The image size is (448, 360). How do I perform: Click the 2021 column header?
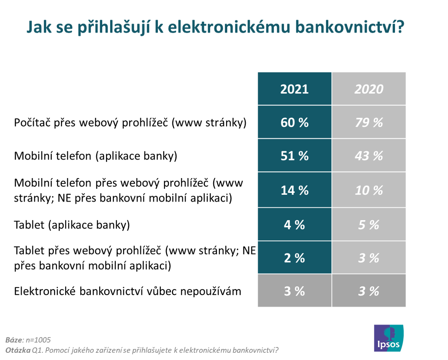(294, 89)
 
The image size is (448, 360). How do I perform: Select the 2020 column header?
(369, 89)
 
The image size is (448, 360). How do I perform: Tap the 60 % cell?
(294, 123)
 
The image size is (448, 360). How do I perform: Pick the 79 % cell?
(369, 123)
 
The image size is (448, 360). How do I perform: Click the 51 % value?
(294, 156)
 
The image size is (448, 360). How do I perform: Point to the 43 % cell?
(369, 156)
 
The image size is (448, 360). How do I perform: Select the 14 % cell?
(294, 190)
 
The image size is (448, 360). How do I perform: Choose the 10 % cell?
(369, 190)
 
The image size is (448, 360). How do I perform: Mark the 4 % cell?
(294, 225)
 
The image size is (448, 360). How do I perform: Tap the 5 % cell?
(369, 225)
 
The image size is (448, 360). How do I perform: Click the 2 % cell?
(294, 258)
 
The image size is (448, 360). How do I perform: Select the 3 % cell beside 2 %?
(369, 258)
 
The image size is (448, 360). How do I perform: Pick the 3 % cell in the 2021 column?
(294, 291)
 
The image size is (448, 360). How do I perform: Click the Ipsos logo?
(389, 338)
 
